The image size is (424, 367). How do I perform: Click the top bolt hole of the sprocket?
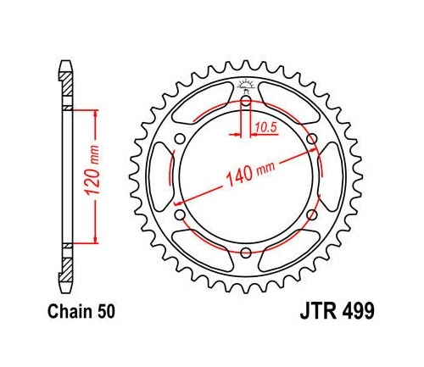click(246, 102)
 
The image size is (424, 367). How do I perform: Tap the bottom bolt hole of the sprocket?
click(246, 252)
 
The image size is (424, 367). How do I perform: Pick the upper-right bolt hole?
click(311, 139)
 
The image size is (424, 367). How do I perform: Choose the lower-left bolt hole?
click(181, 214)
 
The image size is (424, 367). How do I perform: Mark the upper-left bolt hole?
click(181, 139)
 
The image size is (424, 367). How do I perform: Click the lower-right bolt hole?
click(311, 214)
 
